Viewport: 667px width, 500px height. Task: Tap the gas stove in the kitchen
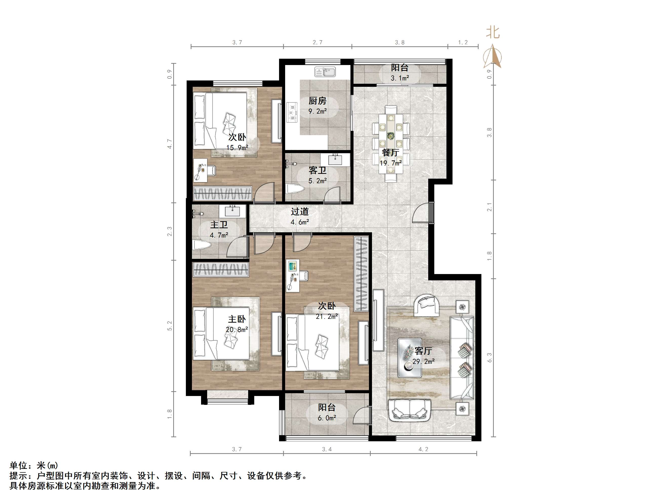point(291,112)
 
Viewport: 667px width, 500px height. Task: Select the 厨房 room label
point(317,101)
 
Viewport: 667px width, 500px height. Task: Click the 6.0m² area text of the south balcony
point(327,418)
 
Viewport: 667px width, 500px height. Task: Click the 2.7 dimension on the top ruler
point(317,43)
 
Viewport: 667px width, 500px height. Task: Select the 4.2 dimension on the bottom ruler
point(423,449)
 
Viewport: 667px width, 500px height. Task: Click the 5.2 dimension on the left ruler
point(170,326)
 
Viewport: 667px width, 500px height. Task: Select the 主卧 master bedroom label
point(237,319)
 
